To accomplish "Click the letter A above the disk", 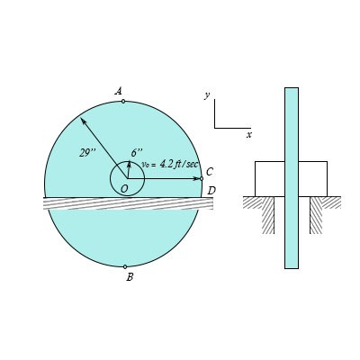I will [118, 91].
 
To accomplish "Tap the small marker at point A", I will [123, 101].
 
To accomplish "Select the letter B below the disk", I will [130, 277].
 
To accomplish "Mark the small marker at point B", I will [125, 266].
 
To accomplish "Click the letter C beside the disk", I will [210, 172].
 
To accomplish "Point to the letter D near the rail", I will [211, 190].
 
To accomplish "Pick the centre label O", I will [124, 188].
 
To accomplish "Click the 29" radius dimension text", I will [87, 153].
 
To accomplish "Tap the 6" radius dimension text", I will [137, 153].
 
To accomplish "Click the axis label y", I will [207, 94].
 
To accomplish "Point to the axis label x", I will [249, 134].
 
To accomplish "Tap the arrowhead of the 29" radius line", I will [83, 120].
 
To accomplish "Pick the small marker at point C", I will [202, 178].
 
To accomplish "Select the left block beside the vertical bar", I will [269, 178].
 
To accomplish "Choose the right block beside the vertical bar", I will [312, 178].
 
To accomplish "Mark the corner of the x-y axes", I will [215, 127].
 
